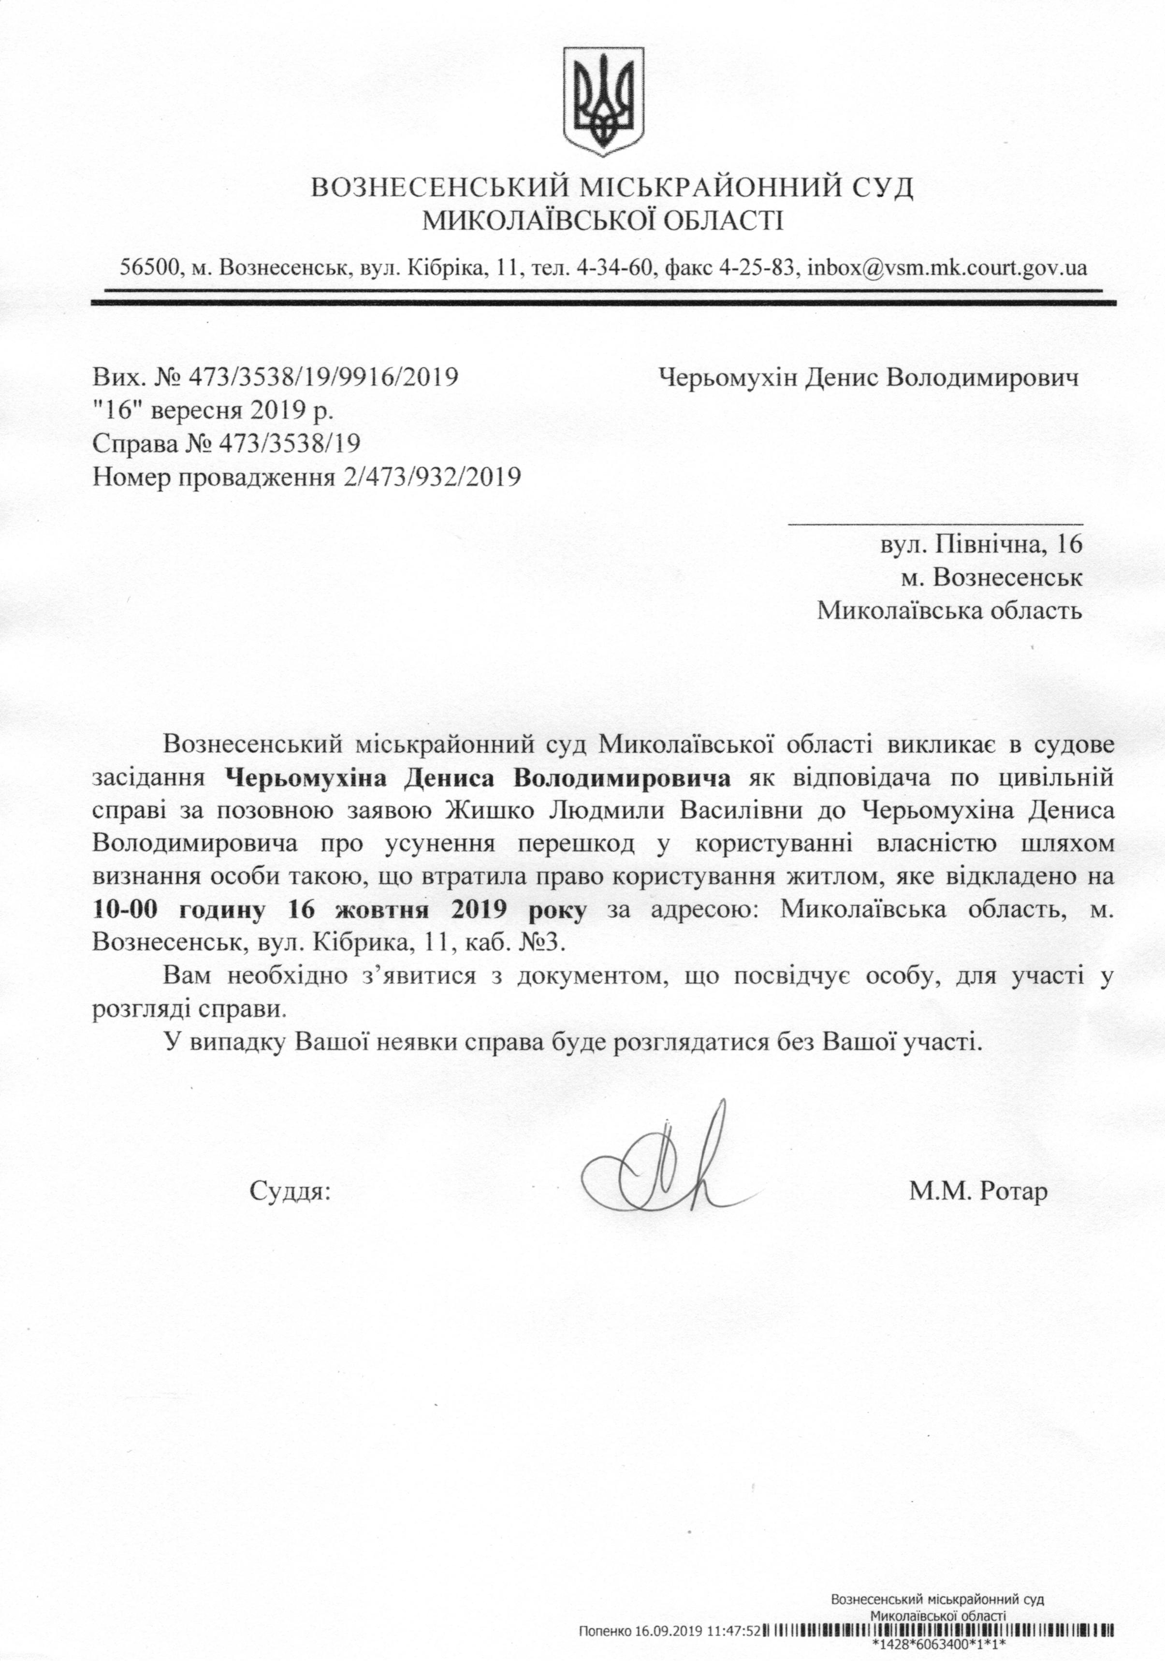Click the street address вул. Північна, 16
pos(980,543)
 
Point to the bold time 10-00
pos(129,910)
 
